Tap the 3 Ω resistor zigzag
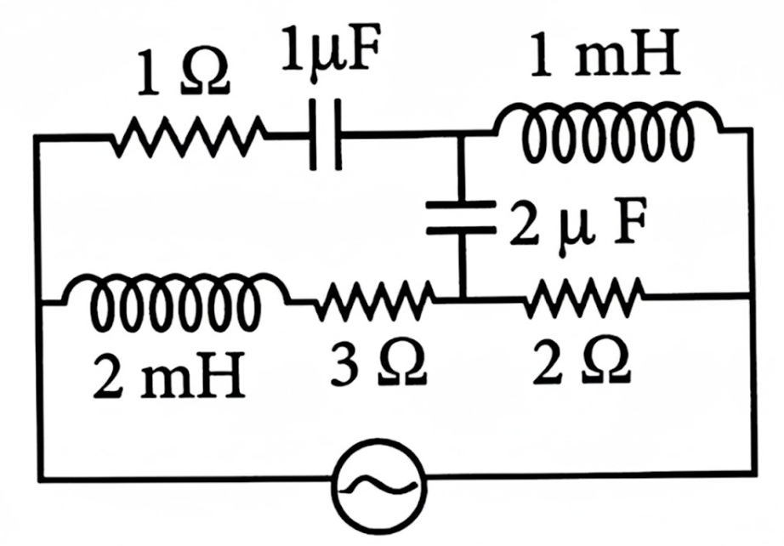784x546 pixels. point(374,300)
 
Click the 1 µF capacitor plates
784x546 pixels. point(326,134)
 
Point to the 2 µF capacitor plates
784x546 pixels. point(461,217)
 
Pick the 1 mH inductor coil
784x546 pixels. point(607,131)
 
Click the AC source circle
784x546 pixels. point(378,485)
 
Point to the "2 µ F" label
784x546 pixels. point(578,223)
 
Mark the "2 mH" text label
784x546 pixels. point(169,375)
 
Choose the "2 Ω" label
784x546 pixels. point(581,362)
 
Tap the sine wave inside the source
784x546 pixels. point(378,486)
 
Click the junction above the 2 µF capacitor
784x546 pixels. point(462,134)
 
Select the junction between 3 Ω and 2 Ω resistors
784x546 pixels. point(463,299)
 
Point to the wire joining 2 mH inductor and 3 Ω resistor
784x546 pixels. point(301,301)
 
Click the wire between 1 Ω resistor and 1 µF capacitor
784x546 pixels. point(288,134)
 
